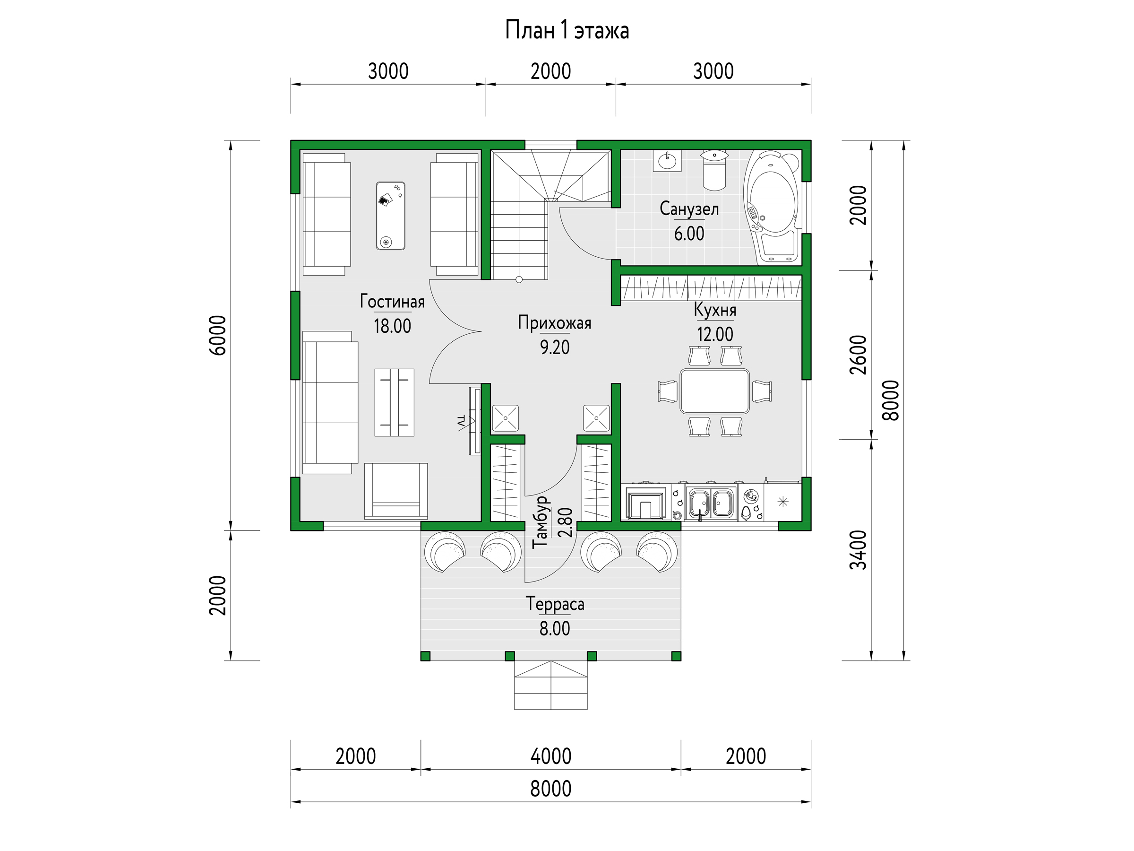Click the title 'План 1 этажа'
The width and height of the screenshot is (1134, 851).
pos(567,30)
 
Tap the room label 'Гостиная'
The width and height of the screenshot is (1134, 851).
pos(392,301)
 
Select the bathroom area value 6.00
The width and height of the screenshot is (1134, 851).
pos(689,234)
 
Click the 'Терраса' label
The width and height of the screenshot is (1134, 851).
pos(555,604)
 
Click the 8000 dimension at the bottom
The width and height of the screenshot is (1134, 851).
pos(550,789)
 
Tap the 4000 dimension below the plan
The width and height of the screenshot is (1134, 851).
pos(550,756)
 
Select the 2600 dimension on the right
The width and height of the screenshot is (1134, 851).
pos(858,355)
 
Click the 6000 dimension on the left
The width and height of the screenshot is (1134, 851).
pos(217,335)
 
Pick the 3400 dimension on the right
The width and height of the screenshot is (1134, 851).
pos(858,550)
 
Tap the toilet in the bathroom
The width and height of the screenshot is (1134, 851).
pos(714,170)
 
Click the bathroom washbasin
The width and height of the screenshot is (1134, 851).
pos(667,161)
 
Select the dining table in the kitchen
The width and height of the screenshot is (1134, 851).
pos(714,391)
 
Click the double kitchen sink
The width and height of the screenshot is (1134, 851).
pos(711,503)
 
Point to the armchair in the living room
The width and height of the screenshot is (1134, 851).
pos(396,491)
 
